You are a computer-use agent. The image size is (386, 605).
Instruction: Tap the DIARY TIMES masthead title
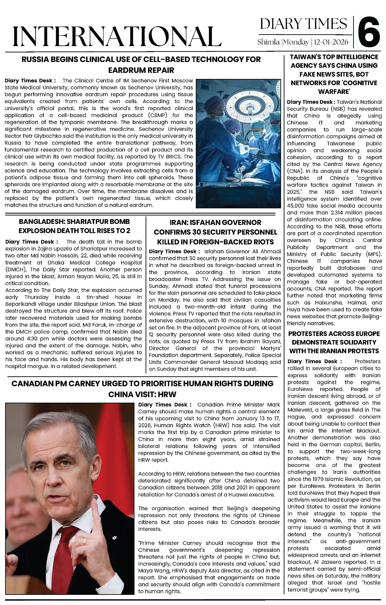303,24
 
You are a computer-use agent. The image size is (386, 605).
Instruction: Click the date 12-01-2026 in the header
331,42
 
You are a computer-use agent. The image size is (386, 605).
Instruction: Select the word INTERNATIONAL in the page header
117,36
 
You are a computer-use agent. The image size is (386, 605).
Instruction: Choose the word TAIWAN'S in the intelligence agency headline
305,57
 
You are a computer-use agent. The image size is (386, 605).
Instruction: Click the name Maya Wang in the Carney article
151,570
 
